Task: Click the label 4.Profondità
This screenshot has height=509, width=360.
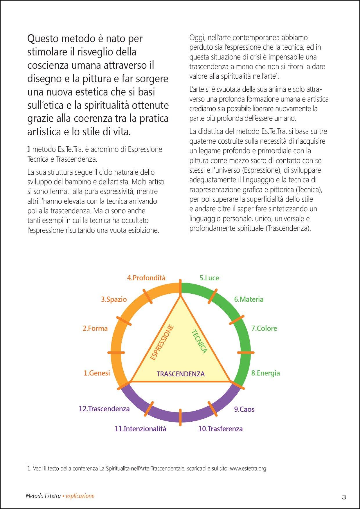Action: click(146, 278)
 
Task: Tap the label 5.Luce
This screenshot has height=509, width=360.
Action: click(209, 278)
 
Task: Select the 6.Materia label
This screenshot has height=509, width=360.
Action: click(249, 299)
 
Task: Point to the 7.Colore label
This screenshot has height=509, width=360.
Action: click(264, 328)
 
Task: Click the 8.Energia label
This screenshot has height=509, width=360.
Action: click(265, 373)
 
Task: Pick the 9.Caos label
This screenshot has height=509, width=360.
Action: click(244, 409)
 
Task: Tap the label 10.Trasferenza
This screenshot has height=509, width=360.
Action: click(220, 429)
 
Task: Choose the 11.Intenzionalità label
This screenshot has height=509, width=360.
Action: click(140, 429)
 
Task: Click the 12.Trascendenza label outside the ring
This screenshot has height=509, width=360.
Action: click(104, 409)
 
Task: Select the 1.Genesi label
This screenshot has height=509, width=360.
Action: click(97, 373)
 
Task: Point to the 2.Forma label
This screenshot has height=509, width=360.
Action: click(95, 328)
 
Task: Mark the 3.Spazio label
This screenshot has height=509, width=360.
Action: click(114, 299)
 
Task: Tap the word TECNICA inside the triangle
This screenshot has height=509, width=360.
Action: click(199, 342)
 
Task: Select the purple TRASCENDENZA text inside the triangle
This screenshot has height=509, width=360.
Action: click(181, 374)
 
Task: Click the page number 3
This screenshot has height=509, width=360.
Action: click(344, 497)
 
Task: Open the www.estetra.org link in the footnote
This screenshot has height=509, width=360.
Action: click(248, 468)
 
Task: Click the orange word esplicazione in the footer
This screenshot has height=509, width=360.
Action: click(80, 496)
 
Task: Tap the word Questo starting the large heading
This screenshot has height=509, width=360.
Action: click(44, 39)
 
